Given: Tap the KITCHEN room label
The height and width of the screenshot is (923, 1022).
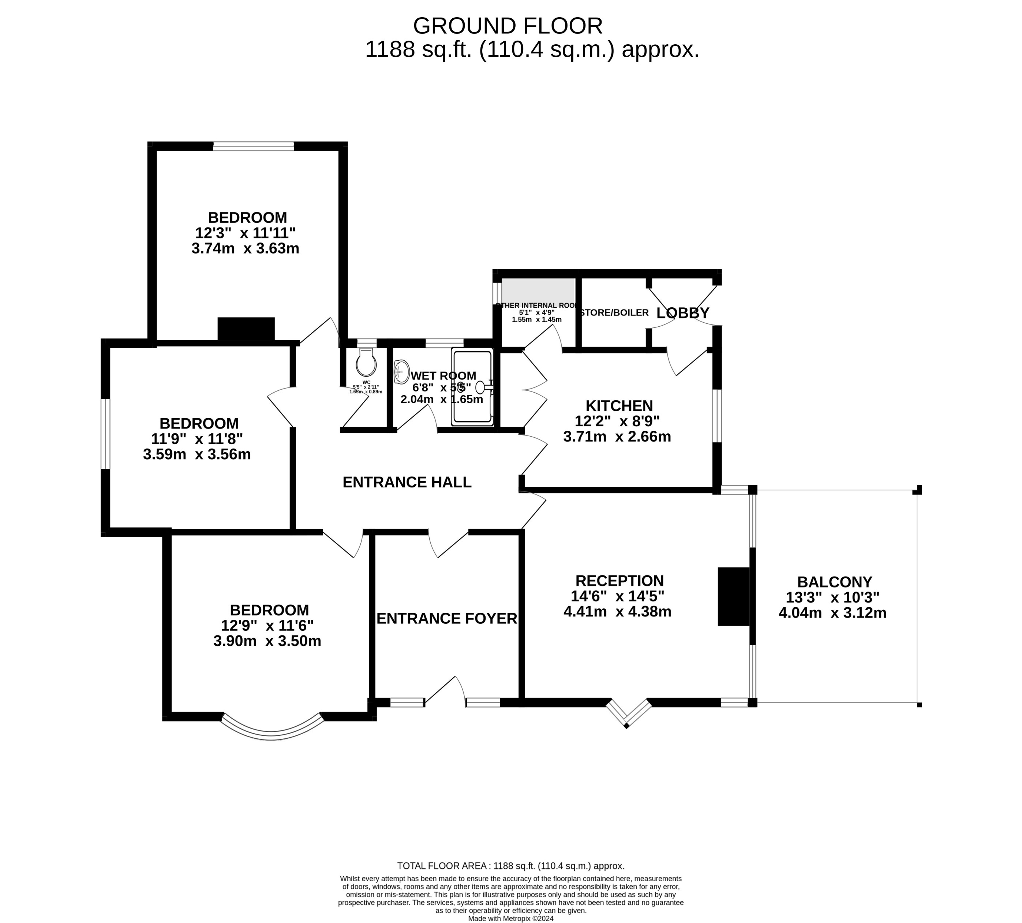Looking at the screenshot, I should tap(619, 406).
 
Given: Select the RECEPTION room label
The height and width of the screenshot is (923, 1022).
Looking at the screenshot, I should tap(619, 581).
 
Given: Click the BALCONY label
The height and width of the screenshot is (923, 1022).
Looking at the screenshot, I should tap(834, 582).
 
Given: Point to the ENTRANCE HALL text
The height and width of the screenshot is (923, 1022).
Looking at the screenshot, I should tap(407, 482).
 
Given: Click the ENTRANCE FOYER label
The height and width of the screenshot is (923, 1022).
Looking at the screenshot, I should tap(446, 619).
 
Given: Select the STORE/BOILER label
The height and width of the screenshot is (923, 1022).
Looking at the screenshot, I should tap(614, 313).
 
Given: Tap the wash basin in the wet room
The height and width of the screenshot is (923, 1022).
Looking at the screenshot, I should tap(401, 372).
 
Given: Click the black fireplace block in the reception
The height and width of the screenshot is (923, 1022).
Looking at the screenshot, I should tap(733, 596).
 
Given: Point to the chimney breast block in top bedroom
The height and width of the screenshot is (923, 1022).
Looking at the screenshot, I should tap(246, 329).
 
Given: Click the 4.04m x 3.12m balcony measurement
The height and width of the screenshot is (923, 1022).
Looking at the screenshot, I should tap(832, 613).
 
